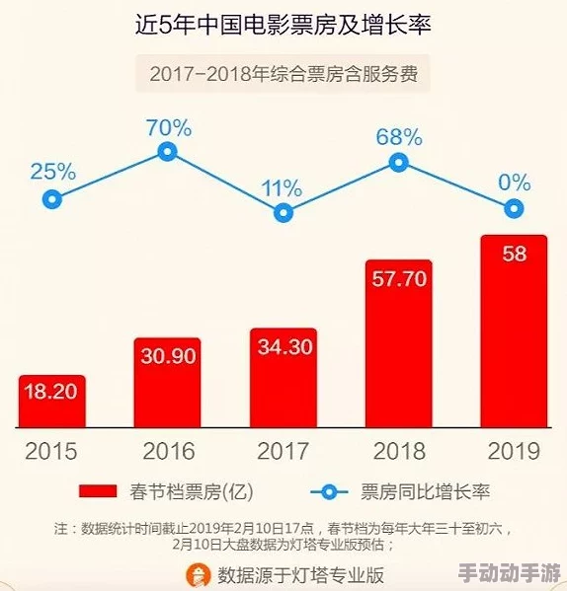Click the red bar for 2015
tap(51, 402)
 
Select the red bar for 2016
tap(167, 383)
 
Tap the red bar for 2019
tap(514, 332)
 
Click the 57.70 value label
tap(399, 278)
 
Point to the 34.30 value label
tap(283, 346)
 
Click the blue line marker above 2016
tap(167, 151)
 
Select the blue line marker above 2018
tap(399, 163)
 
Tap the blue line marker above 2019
tap(514, 208)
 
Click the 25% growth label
tap(52, 171)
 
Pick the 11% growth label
tap(283, 186)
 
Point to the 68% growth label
tap(399, 137)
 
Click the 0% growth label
tap(514, 182)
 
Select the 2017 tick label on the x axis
tap(283, 452)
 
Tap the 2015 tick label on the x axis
tap(51, 452)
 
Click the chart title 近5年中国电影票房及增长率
tap(283, 27)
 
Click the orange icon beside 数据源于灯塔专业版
tap(201, 573)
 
